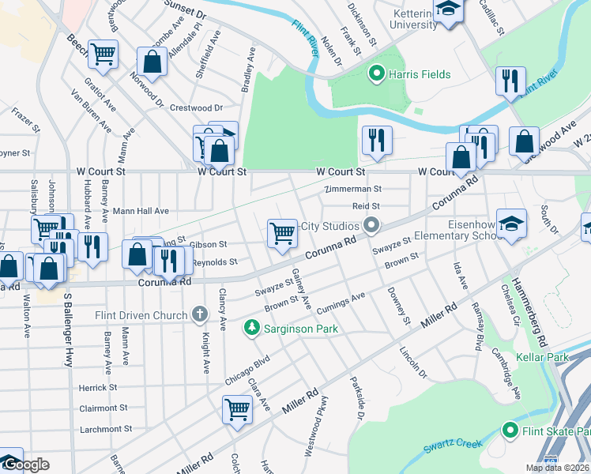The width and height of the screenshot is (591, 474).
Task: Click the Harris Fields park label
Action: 419,75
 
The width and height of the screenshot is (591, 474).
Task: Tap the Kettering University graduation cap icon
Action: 448,10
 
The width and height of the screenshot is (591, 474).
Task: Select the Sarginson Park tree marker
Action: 252,326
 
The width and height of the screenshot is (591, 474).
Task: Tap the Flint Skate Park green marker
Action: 510,431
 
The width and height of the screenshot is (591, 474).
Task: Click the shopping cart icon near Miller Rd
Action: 237,410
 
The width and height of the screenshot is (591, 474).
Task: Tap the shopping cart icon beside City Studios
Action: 282,233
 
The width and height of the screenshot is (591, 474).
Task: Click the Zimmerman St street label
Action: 352,189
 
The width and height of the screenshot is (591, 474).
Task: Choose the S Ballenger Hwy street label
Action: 68,324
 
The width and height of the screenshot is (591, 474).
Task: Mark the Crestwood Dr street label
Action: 196,107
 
